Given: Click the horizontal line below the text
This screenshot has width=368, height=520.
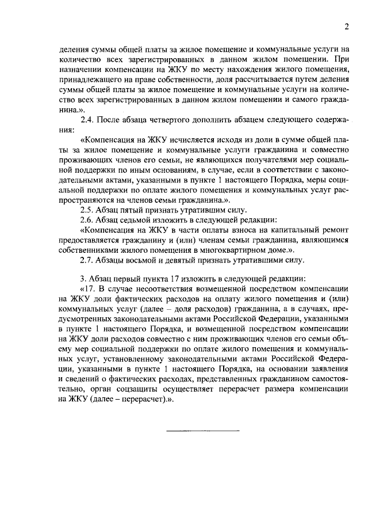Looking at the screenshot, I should pos(203,430).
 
